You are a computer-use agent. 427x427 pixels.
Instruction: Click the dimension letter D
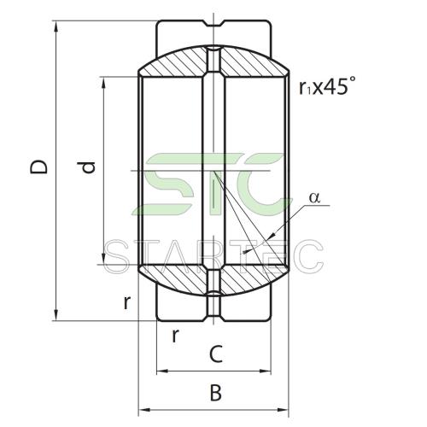tap(38, 167)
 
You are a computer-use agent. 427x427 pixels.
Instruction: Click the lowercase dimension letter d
tap(87, 167)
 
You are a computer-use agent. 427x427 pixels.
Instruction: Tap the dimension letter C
tap(216, 354)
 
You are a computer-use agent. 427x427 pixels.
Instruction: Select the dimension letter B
tap(216, 393)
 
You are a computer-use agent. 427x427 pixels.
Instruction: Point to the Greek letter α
tap(314, 197)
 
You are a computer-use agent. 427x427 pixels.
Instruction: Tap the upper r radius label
tap(127, 302)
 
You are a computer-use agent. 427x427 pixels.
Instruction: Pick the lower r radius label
tap(176, 336)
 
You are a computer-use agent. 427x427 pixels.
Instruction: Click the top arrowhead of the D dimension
tap(56, 26)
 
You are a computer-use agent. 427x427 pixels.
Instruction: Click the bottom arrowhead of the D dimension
tap(56, 315)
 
